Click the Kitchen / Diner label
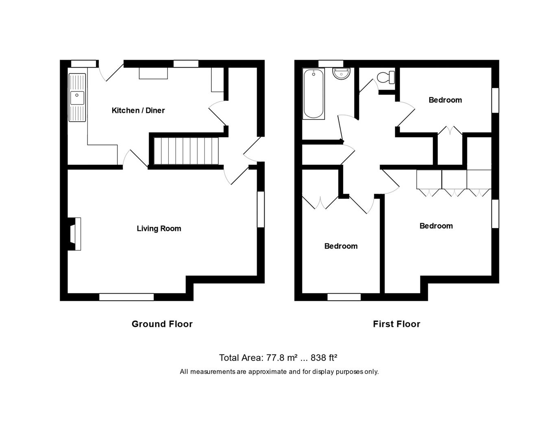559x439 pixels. tap(138, 111)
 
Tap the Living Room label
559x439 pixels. tap(159, 228)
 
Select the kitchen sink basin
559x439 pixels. tap(77, 98)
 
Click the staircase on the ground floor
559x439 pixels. tap(186, 151)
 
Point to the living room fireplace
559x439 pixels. tap(75, 234)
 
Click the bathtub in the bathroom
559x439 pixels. tap(313, 94)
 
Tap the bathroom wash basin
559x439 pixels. tap(341, 74)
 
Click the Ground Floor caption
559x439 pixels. tap(162, 324)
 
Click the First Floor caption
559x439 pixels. tap(396, 324)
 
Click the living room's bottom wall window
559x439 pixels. tap(126, 297)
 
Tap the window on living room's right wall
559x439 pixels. tap(261, 209)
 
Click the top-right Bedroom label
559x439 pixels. tap(445, 100)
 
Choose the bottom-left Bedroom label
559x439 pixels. tap(341, 246)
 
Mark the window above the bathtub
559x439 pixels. tap(331, 63)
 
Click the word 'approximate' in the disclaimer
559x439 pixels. tap(268, 372)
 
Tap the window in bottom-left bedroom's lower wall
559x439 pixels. tap(344, 297)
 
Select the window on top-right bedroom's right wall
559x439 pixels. tap(495, 100)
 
